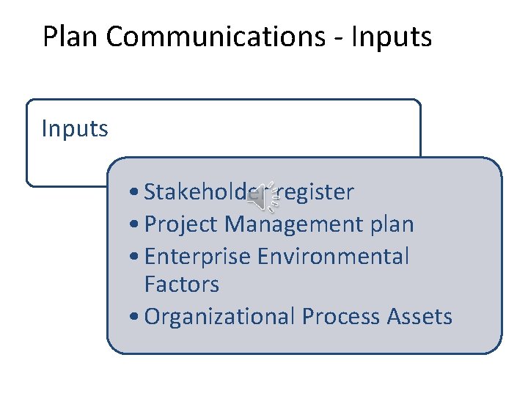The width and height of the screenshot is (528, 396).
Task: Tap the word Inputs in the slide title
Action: pyautogui.click(x=392, y=37)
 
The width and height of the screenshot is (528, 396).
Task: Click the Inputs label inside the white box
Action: pyautogui.click(x=75, y=129)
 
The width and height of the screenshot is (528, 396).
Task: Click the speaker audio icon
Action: pyautogui.click(x=263, y=194)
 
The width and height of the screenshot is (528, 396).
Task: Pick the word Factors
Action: pyautogui.click(x=182, y=284)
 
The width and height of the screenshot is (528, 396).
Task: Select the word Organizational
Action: pyautogui.click(x=220, y=317)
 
